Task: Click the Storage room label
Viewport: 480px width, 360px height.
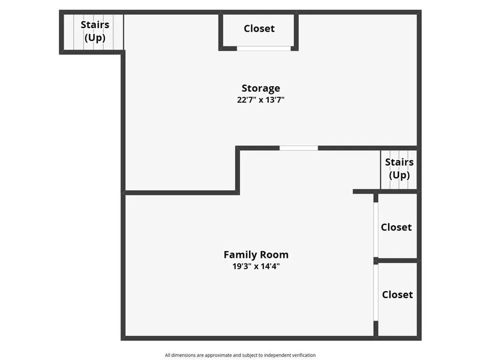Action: point(261,88)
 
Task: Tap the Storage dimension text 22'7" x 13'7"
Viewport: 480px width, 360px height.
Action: point(261,100)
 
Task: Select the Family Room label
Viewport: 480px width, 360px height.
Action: point(256,255)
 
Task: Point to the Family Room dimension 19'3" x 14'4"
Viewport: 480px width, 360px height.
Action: point(256,266)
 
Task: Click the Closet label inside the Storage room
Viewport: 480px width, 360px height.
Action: point(259,28)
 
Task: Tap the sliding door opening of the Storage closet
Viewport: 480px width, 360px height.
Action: point(263,49)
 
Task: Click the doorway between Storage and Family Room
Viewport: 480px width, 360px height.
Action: point(299,148)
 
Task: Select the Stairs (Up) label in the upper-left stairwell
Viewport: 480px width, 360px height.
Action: point(95,31)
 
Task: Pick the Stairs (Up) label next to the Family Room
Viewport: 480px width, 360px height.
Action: point(399,169)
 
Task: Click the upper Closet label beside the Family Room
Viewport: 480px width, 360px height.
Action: point(397,227)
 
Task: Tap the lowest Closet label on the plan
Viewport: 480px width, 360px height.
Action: point(397,295)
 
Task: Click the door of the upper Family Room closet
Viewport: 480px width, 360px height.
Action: point(376,230)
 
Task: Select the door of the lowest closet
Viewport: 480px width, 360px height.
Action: point(376,293)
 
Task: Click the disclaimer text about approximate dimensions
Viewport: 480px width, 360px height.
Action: point(241,355)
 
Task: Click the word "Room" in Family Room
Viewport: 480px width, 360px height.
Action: point(274,254)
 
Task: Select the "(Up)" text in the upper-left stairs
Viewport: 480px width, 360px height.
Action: point(95,38)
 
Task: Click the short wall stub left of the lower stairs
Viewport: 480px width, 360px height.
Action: point(364,191)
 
